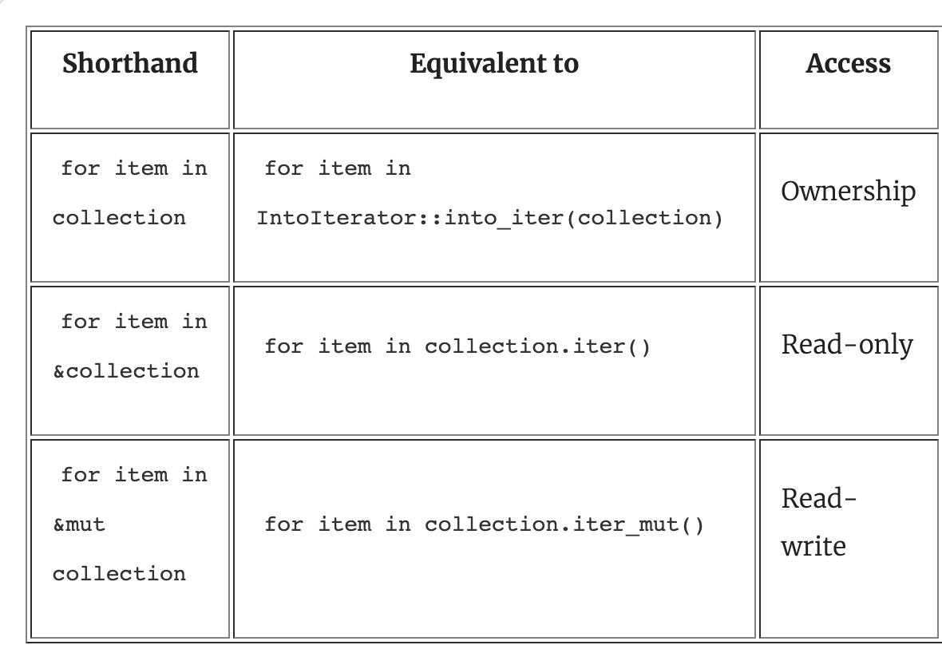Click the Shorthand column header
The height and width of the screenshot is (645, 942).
click(130, 63)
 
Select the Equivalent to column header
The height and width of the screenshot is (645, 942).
click(494, 63)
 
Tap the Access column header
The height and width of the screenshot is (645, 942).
click(848, 63)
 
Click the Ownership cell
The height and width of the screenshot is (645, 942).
click(849, 192)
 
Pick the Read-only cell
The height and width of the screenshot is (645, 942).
click(847, 345)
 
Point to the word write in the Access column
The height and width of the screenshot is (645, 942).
click(813, 547)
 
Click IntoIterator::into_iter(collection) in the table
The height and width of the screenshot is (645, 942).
click(489, 218)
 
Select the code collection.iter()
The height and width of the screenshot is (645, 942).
click(538, 346)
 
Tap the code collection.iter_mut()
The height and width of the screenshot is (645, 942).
click(564, 525)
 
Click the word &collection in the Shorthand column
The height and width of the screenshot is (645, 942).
click(126, 371)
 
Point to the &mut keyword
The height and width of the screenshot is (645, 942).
click(79, 525)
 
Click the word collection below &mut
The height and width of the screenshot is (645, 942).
click(119, 574)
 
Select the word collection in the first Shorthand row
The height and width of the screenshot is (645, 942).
click(119, 218)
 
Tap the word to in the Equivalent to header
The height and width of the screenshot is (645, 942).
click(564, 64)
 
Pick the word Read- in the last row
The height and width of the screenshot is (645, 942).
click(818, 498)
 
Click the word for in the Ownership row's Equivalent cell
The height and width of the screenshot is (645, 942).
click(284, 168)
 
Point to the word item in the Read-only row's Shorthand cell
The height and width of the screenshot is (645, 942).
click(141, 322)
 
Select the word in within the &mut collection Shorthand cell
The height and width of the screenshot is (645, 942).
click(195, 475)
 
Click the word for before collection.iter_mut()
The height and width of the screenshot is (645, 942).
click(284, 524)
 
